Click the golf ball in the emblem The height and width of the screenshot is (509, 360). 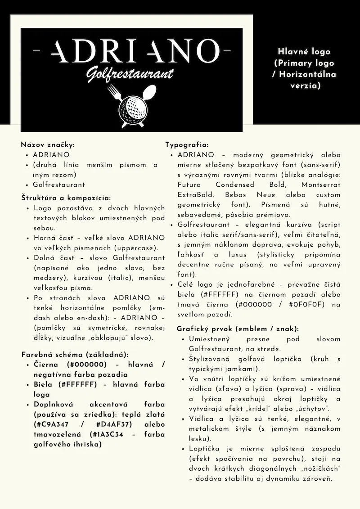tap(132, 107)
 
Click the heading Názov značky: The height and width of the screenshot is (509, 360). tap(47, 144)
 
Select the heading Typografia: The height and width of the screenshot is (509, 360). tap(186, 144)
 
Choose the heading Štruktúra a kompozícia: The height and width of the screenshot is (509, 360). tap(66, 198)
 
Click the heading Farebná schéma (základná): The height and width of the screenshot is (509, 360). tap(75, 354)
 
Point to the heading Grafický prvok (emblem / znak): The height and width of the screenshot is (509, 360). tap(238, 329)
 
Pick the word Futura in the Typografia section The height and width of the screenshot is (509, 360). tap(189, 185)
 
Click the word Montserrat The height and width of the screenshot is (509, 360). tap(321, 185)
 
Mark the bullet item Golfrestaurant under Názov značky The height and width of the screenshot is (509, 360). tap(58, 185)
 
